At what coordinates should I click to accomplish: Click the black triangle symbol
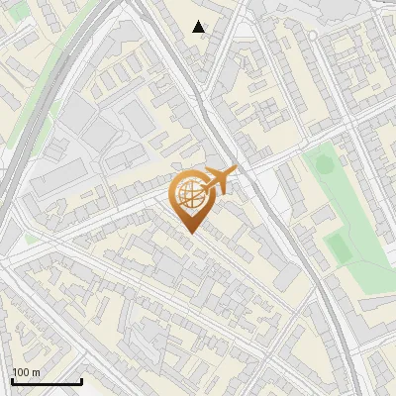point(199,27)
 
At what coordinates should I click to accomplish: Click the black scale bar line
point(47,381)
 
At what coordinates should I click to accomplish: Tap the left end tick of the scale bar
point(12,379)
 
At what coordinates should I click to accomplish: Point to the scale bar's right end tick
point(81,379)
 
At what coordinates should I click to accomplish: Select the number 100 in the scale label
point(21,371)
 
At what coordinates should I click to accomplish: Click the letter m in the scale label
point(36,372)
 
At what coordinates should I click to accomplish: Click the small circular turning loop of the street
point(313,35)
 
